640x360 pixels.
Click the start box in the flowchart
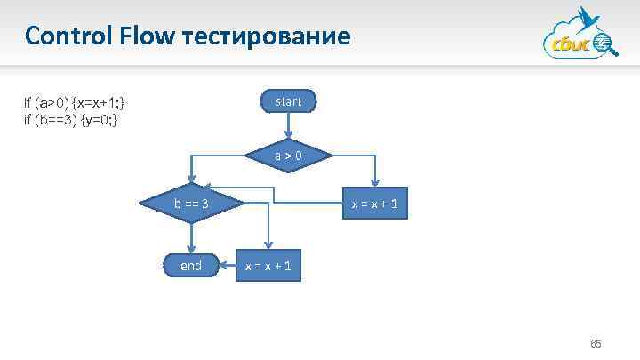click(x=288, y=102)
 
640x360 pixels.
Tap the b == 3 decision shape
click(x=191, y=204)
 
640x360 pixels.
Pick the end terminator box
click(x=191, y=266)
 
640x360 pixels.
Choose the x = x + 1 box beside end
click(x=269, y=266)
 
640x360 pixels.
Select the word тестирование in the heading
click(x=267, y=37)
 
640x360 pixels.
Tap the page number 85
click(x=596, y=344)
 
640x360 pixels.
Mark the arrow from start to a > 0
click(x=288, y=130)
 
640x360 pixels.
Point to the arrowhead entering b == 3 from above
click(x=191, y=184)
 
